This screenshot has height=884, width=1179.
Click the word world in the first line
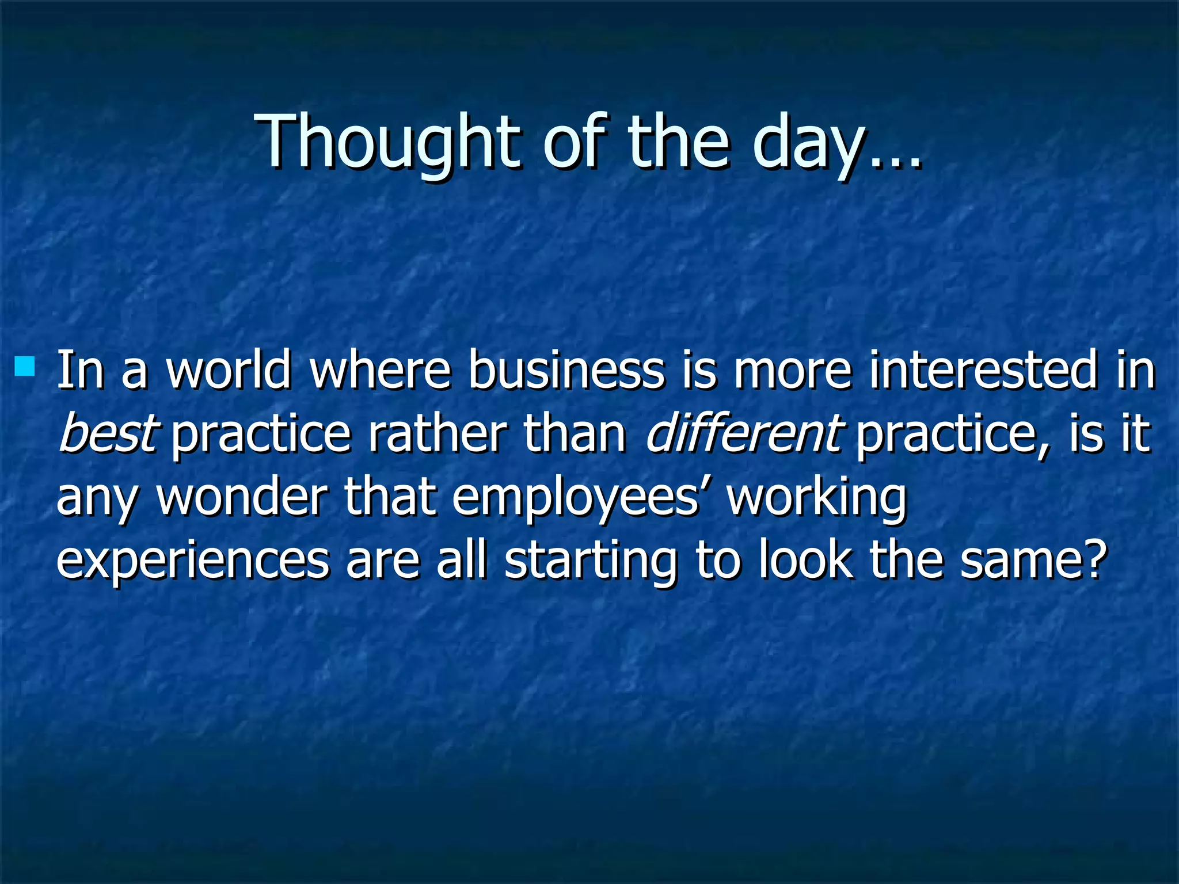(229, 370)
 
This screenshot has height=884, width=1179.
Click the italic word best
(107, 433)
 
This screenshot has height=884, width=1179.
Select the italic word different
(745, 433)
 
